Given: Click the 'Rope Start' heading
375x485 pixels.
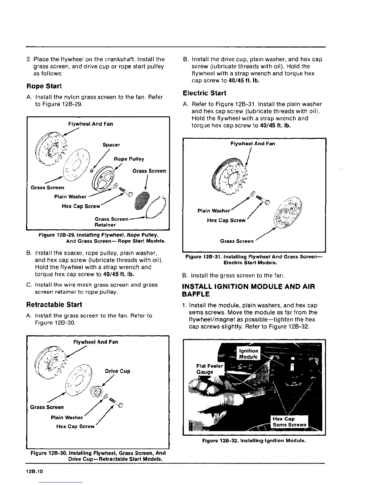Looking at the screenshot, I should [x=44, y=86].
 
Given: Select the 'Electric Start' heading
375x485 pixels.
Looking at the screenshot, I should [x=204, y=93].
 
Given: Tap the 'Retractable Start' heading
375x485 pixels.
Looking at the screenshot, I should [x=54, y=305].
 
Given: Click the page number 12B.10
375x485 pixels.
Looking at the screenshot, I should [x=35, y=472].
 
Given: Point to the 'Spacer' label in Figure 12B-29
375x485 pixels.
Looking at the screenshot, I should [x=111, y=145].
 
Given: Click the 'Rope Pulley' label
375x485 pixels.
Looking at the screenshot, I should [x=129, y=159].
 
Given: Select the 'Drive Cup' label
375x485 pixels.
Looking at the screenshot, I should [x=117, y=371].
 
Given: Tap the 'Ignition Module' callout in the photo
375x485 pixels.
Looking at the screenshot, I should [x=248, y=354].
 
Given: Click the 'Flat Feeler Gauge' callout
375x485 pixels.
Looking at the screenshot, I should [x=210, y=369].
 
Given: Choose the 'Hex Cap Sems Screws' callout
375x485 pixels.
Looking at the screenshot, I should [x=289, y=422].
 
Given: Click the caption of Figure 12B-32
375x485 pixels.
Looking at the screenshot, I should [x=254, y=441].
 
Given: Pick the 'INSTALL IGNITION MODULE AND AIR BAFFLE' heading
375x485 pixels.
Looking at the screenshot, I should [x=248, y=291].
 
